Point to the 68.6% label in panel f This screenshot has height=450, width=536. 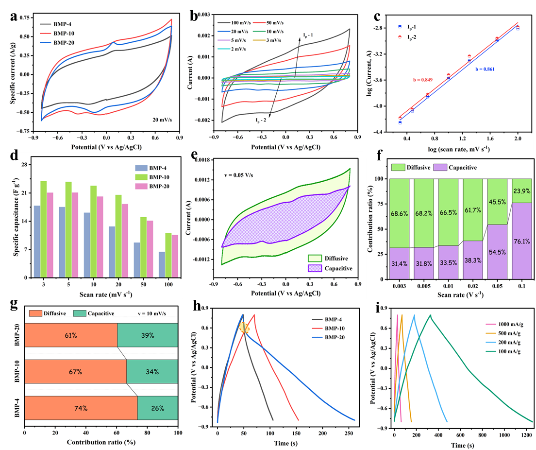[x=400, y=213]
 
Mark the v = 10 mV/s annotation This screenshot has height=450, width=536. [x=150, y=313]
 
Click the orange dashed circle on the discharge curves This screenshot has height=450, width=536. [x=245, y=329]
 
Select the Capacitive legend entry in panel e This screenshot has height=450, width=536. [x=338, y=268]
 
